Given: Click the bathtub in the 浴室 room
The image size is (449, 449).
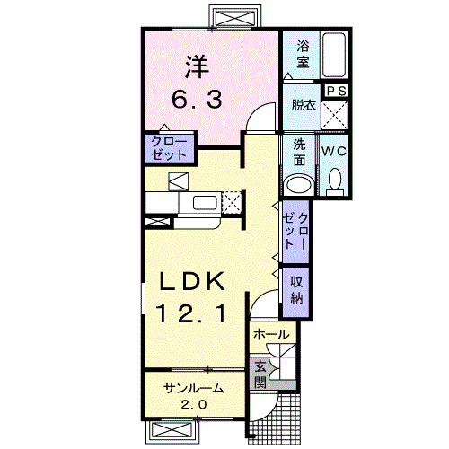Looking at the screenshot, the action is tap(334, 55).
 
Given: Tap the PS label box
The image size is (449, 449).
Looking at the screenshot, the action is tap(336, 91).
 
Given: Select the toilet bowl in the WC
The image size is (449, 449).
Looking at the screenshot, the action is tap(335, 180).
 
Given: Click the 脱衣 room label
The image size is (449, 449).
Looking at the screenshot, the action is tap(304, 105).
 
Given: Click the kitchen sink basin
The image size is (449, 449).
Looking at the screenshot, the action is tap(205, 203).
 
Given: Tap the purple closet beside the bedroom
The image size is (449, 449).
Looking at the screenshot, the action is tap(169, 148).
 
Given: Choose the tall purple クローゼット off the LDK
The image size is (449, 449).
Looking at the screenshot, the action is tap(295, 232).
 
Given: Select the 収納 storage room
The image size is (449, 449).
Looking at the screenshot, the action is tap(295, 292).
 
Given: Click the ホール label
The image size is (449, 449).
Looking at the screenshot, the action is tap(271, 334).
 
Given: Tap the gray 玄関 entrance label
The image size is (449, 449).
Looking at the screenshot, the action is tap(260, 374).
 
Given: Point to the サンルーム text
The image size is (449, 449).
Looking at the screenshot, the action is tap(193, 389).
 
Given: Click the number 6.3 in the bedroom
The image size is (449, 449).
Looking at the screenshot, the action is tap(197, 100).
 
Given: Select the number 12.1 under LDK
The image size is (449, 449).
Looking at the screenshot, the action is tap(190, 313).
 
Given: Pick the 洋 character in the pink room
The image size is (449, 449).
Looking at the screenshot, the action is tap(197, 66).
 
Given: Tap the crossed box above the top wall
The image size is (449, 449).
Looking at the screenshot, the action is tap(233, 18).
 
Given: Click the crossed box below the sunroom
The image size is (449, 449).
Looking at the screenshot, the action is tap(172, 431).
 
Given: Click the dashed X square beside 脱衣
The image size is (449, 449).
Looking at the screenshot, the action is tap(334, 115).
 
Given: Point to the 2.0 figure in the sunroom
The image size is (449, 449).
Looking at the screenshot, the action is tap(193, 405).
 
